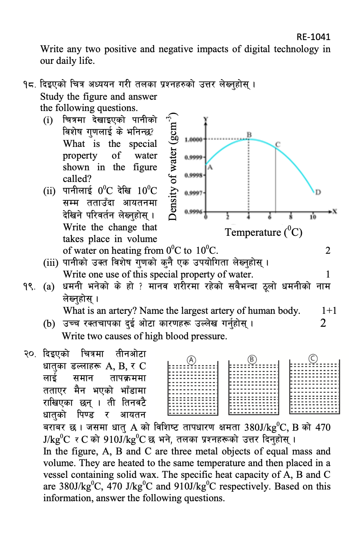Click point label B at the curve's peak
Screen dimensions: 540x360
tap(249, 134)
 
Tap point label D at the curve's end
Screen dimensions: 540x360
tap(318, 192)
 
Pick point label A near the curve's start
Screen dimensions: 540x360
tap(210, 167)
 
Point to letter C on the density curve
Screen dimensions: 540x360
tap(277, 143)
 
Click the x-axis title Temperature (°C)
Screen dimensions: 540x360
tap(264, 232)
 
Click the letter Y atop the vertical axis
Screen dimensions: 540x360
tap(205, 120)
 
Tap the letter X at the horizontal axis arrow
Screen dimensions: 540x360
tap(335, 212)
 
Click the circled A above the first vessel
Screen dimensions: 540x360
tap(191, 359)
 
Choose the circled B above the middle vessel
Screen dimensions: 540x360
tap(252, 359)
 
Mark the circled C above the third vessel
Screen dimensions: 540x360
tap(313, 358)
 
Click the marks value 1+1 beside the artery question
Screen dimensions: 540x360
tap(329, 310)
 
